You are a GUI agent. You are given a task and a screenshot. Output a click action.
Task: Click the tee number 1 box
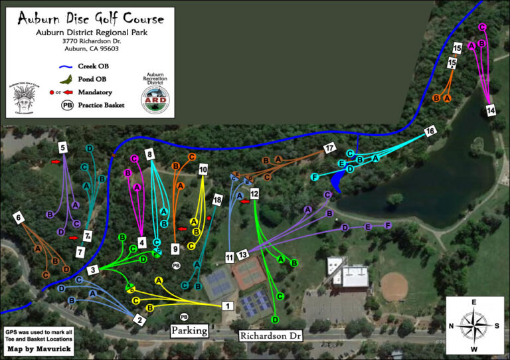(228, 306)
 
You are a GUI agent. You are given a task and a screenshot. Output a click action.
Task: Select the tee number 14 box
(491, 110)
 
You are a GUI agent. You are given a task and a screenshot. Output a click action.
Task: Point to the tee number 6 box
(18, 217)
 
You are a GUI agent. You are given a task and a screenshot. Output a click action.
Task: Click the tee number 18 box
(216, 200)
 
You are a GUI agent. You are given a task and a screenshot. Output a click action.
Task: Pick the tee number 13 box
(243, 254)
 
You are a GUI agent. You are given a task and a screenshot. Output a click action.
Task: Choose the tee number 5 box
(63, 147)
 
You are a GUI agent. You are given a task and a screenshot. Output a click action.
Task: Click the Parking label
(189, 330)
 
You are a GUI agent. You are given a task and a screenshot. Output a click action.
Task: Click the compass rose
(473, 325)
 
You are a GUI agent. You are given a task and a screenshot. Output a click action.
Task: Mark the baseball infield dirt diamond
(394, 286)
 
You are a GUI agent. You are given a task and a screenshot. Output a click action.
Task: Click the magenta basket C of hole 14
(482, 27)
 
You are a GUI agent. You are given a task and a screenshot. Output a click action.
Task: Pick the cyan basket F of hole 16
(315, 177)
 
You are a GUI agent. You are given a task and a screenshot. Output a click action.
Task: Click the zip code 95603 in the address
(108, 48)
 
